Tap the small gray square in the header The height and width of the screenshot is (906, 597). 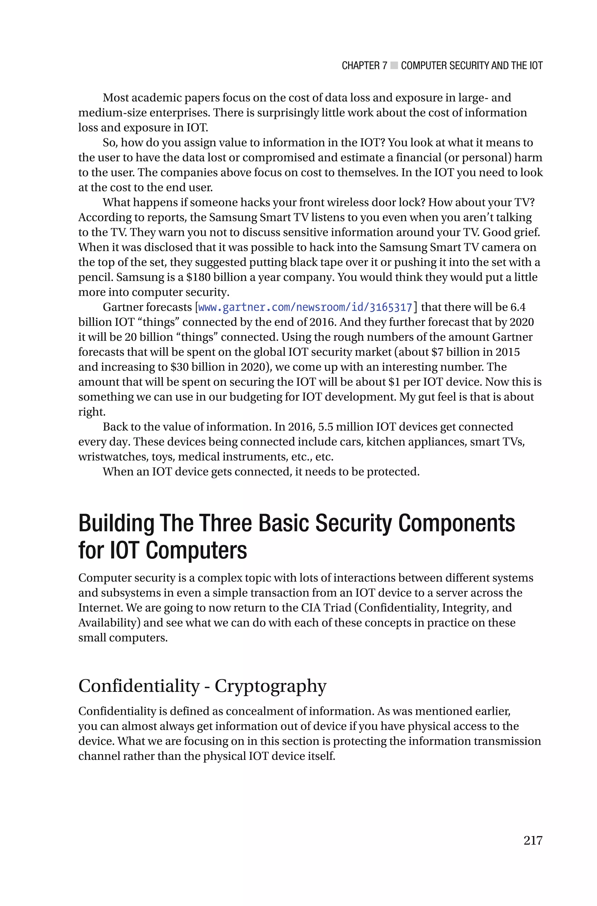coord(394,66)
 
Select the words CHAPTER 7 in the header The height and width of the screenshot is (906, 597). coord(364,66)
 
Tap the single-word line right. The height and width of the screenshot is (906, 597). coord(91,412)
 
